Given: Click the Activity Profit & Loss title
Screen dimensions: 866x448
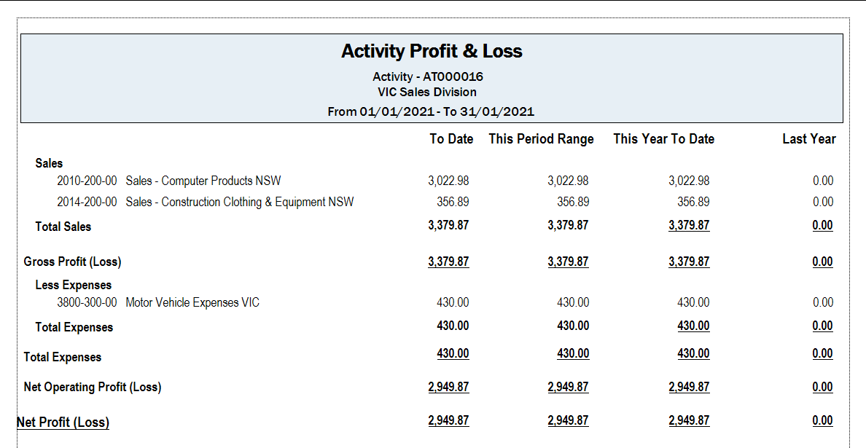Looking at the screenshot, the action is [x=432, y=51].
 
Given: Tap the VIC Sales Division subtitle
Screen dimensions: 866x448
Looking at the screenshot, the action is [x=432, y=92].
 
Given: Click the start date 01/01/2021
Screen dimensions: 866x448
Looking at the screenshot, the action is [x=395, y=111].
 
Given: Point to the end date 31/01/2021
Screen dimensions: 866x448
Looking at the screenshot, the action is [x=499, y=111].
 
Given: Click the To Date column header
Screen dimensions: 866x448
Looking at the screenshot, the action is [x=451, y=139].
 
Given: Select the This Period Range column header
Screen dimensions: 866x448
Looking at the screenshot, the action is [x=541, y=139].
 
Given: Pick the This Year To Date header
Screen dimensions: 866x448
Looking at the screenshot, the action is [x=663, y=139].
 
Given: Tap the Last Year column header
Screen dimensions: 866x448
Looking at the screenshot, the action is [x=809, y=139].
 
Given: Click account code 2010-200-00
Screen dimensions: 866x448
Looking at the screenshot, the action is [x=87, y=181].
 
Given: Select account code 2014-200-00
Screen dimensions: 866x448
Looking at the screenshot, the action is [x=87, y=202].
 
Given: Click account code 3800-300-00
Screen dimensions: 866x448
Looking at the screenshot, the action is [x=87, y=302].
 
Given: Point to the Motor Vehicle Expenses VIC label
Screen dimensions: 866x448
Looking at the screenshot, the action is [x=192, y=302].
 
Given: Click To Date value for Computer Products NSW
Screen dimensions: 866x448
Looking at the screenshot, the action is [x=448, y=181].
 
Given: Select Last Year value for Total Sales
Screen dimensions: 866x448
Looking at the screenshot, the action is [x=823, y=225].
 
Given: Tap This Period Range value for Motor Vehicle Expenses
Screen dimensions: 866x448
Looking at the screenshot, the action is [x=573, y=302].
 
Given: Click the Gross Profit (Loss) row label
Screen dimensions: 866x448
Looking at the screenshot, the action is [x=72, y=262].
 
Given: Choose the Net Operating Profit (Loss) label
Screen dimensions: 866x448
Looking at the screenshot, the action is [x=93, y=388].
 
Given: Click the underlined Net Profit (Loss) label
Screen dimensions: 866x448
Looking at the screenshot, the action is [x=63, y=423].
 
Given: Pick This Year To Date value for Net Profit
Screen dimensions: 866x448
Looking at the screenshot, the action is [x=689, y=420].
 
